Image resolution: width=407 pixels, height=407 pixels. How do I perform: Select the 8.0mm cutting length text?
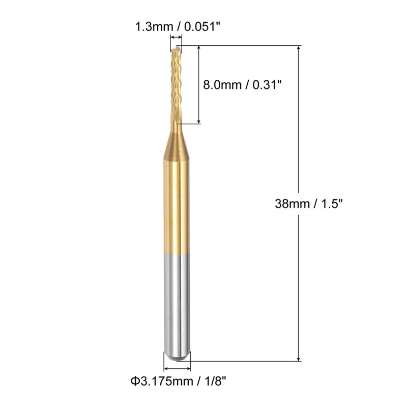coord(222,85)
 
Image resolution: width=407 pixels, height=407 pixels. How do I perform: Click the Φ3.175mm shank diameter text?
coord(162,381)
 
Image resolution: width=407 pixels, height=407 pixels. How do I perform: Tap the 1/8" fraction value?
coord(215,381)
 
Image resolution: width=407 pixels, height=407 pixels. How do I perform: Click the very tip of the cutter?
coord(177,46)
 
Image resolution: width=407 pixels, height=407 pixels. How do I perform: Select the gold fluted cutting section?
coord(176,84)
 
